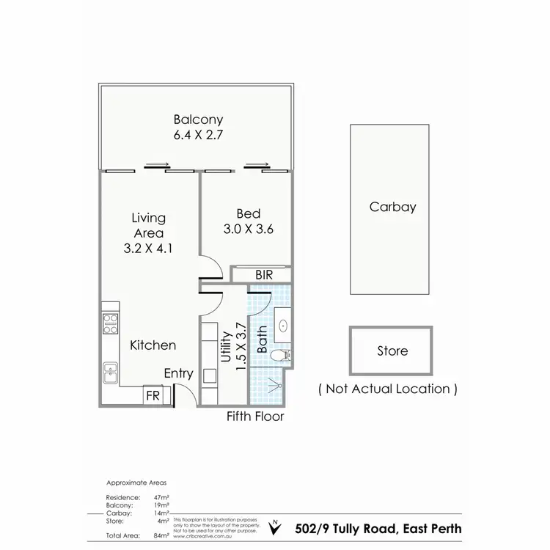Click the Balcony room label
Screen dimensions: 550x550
click(x=198, y=120)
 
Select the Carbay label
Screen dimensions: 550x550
click(x=392, y=207)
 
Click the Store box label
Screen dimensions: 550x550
click(x=392, y=351)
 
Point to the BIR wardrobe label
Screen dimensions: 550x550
click(x=265, y=275)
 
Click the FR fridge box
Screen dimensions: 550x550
click(x=153, y=395)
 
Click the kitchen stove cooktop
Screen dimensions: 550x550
click(x=110, y=323)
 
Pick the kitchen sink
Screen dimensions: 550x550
click(x=111, y=372)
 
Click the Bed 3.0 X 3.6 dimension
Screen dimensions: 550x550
click(x=248, y=229)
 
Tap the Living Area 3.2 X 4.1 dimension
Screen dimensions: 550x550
click(x=149, y=249)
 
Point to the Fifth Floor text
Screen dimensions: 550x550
click(x=254, y=417)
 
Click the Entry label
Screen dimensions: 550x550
click(x=178, y=374)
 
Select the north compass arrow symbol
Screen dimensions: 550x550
click(x=274, y=527)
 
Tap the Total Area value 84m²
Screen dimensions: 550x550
click(x=161, y=536)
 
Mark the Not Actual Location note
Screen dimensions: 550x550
click(x=388, y=389)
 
